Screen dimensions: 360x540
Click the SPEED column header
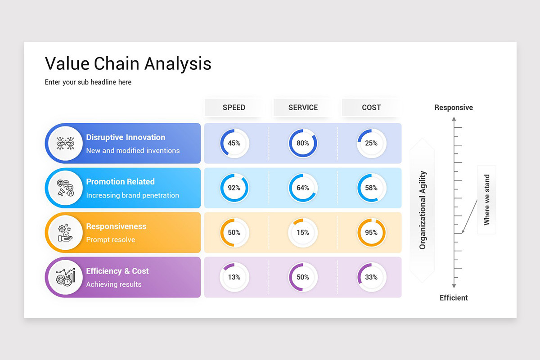pyautogui.click(x=234, y=108)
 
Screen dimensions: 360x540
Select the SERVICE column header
pyautogui.click(x=303, y=108)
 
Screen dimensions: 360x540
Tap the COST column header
pyautogui.click(x=371, y=108)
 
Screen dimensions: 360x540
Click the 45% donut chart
pyautogui.click(x=234, y=143)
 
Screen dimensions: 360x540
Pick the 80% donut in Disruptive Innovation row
pyautogui.click(x=303, y=143)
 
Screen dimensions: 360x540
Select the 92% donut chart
pyautogui.click(x=234, y=188)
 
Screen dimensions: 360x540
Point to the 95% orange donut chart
pyautogui.click(x=371, y=233)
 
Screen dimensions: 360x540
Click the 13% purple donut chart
pyautogui.click(x=234, y=277)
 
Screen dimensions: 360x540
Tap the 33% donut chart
pyautogui.click(x=371, y=277)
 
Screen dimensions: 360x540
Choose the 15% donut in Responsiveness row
pyautogui.click(x=303, y=233)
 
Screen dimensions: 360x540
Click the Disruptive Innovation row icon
pyautogui.click(x=65, y=144)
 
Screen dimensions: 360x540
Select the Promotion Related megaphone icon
pyautogui.click(x=65, y=188)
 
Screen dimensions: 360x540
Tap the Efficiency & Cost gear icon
pyautogui.click(x=65, y=277)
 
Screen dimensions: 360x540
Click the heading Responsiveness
pyautogui.click(x=116, y=226)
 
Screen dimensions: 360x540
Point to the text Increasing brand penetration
pyautogui.click(x=132, y=195)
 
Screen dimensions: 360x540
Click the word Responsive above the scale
pyautogui.click(x=454, y=108)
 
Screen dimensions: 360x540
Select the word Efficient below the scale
pyautogui.click(x=454, y=297)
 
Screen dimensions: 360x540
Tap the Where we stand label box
pyautogui.click(x=486, y=200)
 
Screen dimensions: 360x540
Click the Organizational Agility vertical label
pyautogui.click(x=423, y=210)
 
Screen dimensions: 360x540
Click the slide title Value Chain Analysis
pyautogui.click(x=128, y=63)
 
